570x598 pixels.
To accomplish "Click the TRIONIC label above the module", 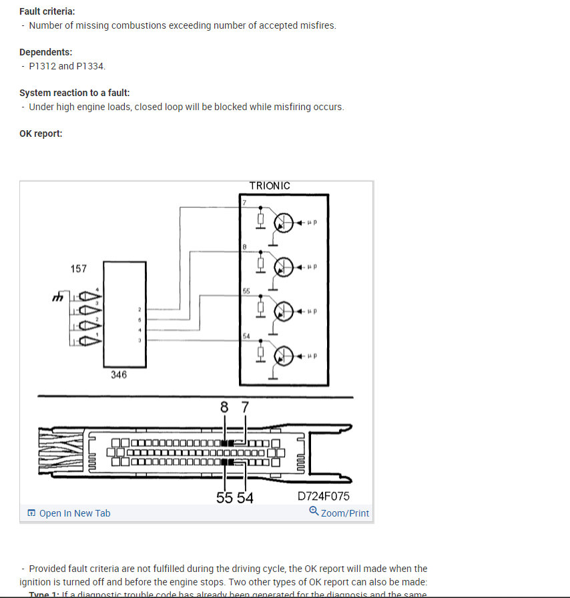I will [x=270, y=186].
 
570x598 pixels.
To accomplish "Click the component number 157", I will [x=79, y=268].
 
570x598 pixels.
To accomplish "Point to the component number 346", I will [x=119, y=375].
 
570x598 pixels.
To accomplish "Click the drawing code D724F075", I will [x=323, y=497].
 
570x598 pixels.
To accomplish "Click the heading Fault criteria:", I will [x=47, y=11].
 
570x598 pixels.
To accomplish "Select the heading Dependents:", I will [x=46, y=52].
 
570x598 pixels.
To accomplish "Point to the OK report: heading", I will [x=41, y=133].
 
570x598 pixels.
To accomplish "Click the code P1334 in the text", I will [x=91, y=66].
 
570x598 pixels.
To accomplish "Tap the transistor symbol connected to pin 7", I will [x=286, y=223].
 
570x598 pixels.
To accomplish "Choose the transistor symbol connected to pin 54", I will [x=286, y=355].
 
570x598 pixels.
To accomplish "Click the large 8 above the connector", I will [x=224, y=406].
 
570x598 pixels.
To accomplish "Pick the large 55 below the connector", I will [x=224, y=498].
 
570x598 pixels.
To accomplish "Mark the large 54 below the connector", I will [x=245, y=498].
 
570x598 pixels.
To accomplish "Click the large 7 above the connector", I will [x=245, y=406].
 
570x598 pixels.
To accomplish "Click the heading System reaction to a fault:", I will [x=75, y=93].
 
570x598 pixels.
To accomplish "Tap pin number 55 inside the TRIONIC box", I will [x=246, y=292].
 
